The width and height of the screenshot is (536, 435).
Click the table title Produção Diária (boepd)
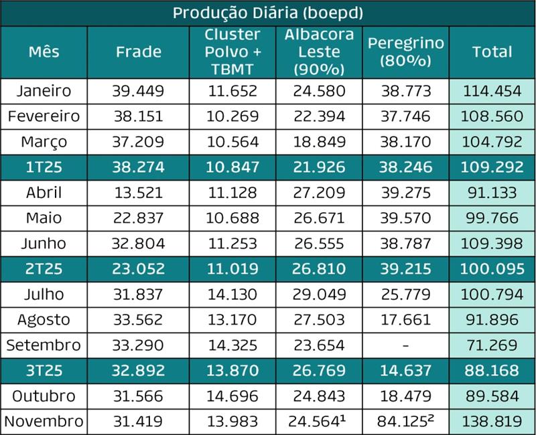click(268, 13)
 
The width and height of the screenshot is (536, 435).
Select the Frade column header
click(138, 52)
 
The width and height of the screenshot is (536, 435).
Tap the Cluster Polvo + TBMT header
click(232, 52)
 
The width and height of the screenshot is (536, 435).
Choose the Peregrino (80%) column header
click(405, 52)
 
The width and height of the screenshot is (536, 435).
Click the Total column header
click(492, 52)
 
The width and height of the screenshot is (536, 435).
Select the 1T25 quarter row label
click(44, 167)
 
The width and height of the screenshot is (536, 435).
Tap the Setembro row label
click(44, 345)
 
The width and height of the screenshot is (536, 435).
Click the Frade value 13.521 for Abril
click(138, 193)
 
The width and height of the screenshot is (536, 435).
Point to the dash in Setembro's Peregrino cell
click(405, 345)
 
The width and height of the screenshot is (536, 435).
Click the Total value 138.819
click(492, 422)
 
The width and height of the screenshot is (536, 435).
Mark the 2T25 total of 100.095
click(492, 269)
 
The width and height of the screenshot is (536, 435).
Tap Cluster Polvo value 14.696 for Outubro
click(232, 396)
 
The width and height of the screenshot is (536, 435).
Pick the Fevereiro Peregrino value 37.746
click(405, 116)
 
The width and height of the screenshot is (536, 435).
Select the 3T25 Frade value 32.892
click(138, 371)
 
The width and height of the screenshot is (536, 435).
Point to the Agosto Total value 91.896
click(492, 320)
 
